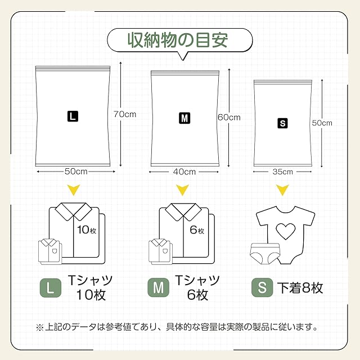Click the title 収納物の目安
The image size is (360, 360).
(178, 40)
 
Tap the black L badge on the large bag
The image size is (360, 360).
(73, 116)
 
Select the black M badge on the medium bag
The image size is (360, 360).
(184, 118)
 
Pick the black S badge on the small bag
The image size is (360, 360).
(282, 123)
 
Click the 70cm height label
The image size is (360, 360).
(125, 114)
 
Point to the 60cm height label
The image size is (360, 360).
(229, 118)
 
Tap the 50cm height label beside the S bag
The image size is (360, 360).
(322, 123)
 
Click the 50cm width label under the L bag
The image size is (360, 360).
(76, 171)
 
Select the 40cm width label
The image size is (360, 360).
(184, 172)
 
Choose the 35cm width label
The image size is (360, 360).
(282, 172)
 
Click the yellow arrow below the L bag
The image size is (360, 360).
(74, 190)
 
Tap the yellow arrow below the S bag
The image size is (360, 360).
(282, 190)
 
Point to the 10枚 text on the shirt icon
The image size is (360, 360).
(87, 229)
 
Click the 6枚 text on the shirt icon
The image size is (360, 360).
(197, 230)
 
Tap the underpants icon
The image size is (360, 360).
(265, 253)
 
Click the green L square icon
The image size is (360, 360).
(51, 287)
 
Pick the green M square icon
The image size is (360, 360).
(159, 287)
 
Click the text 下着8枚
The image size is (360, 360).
(300, 287)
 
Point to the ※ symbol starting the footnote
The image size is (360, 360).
(40, 327)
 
